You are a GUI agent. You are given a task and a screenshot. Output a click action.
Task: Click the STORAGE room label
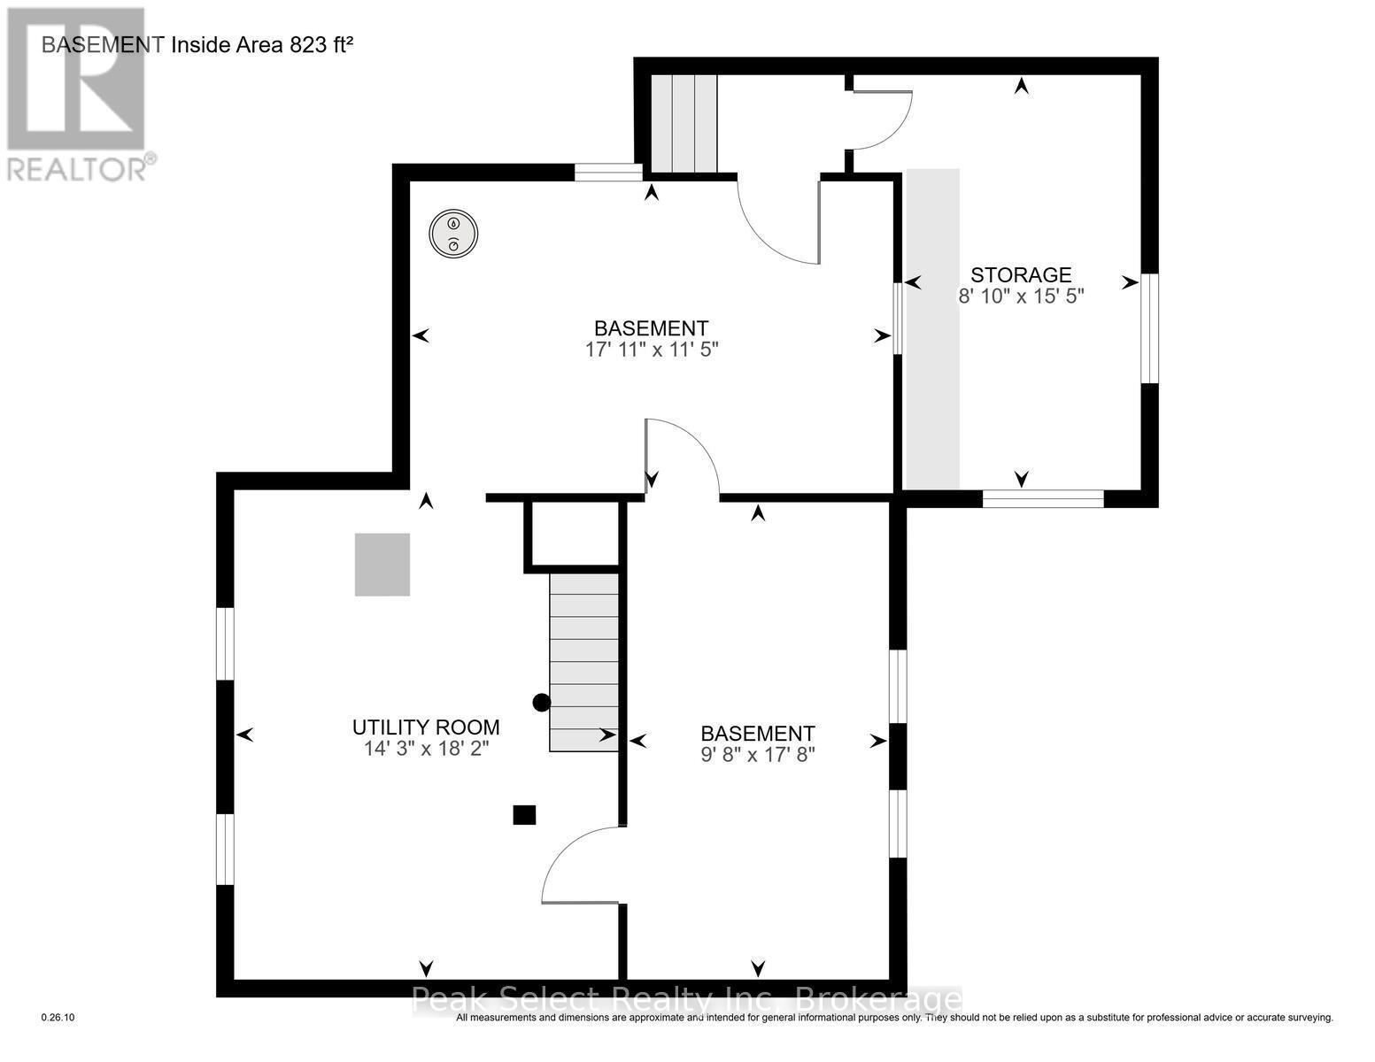[x=1021, y=275]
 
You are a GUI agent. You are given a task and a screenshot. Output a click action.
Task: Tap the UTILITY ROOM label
[x=426, y=727]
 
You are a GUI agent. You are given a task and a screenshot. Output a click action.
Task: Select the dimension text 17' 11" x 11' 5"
[x=651, y=350]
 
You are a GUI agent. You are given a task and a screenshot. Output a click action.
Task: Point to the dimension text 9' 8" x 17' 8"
[x=757, y=755]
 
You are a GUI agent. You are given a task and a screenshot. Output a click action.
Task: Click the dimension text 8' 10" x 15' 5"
[x=1021, y=296]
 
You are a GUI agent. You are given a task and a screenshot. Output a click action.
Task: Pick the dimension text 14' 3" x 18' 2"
[x=426, y=749]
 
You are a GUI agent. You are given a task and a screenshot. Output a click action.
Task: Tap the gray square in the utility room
[x=382, y=565]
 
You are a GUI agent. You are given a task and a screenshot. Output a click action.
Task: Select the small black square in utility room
[x=524, y=814]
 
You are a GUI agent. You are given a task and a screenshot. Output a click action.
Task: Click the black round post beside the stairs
[x=541, y=703]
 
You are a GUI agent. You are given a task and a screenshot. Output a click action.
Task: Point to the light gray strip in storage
[x=932, y=327]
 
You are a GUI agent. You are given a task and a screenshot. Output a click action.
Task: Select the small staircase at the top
[x=684, y=123]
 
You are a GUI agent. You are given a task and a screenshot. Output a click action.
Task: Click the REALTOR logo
[x=78, y=93]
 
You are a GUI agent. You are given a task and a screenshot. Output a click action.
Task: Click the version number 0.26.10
[x=58, y=1018]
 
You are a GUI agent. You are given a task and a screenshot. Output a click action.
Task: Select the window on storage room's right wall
[x=1148, y=328]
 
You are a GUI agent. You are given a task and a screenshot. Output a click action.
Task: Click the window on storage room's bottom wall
[x=1043, y=499]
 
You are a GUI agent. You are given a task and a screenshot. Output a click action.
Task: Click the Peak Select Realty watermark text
[x=687, y=1000]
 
